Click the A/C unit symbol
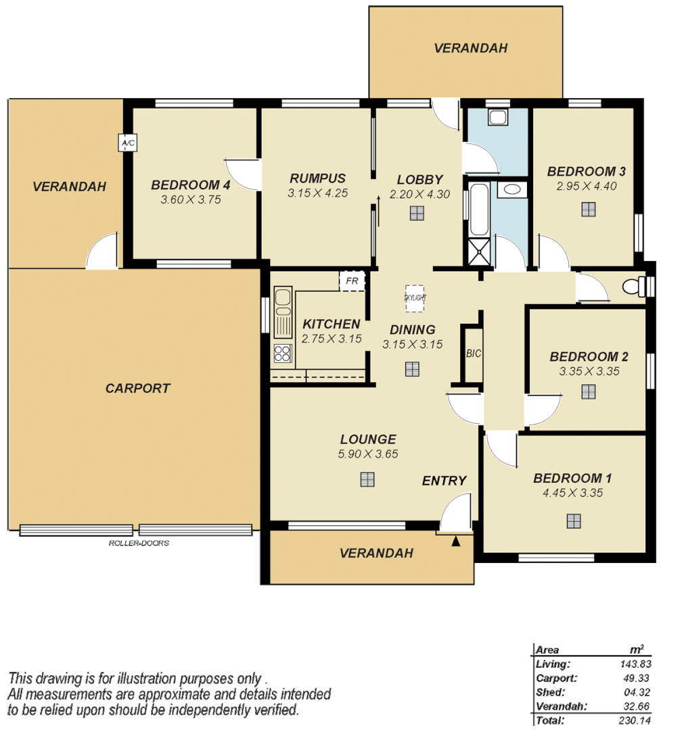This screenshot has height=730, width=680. (127, 143)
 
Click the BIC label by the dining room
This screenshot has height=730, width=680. (473, 354)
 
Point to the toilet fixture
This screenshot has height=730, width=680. (634, 287)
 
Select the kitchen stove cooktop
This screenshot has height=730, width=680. (282, 353)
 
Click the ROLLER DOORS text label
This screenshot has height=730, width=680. (139, 543)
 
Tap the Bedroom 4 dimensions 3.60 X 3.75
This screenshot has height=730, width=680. (191, 199)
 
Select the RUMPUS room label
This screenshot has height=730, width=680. (317, 178)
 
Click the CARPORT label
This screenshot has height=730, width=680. (138, 389)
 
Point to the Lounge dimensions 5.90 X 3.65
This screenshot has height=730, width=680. (368, 454)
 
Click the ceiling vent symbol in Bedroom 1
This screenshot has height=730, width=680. (574, 520)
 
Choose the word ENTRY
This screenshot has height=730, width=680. (444, 481)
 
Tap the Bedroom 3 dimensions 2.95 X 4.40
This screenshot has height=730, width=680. (586, 187)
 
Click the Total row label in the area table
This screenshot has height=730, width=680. (546, 721)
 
